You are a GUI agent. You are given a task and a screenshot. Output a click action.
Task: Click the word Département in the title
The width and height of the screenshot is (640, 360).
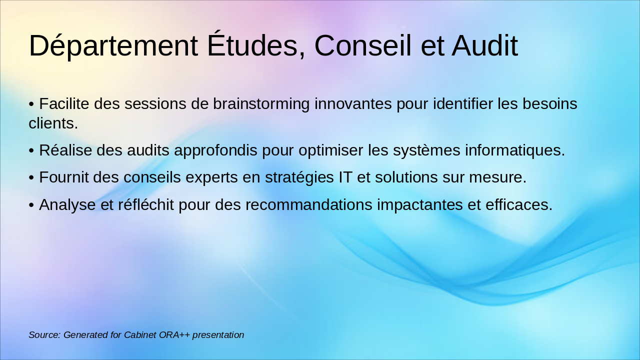point(113,46)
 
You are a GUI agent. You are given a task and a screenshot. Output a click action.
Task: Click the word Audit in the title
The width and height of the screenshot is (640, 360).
point(484,46)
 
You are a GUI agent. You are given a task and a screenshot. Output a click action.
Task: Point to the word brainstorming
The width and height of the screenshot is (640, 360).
point(261,104)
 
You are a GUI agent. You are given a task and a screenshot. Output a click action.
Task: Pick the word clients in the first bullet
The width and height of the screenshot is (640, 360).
point(53,123)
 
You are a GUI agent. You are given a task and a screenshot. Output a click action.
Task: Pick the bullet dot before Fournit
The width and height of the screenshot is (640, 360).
point(31,177)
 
